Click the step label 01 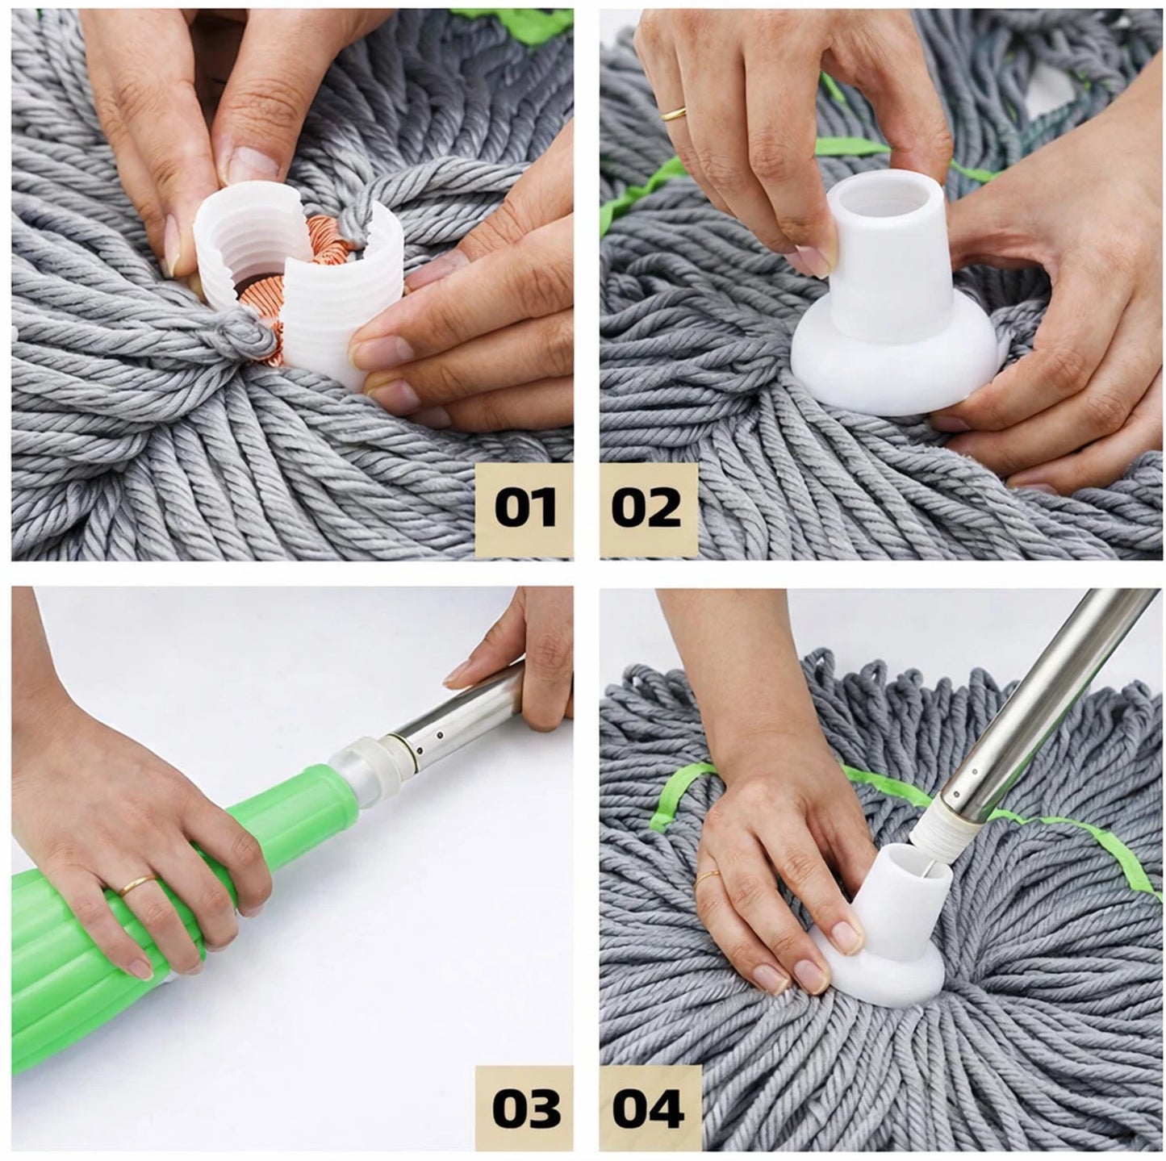coord(525,508)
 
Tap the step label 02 coord(646,508)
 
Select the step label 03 coord(525,1109)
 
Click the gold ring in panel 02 coord(673,114)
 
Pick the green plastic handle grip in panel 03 coord(161,887)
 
